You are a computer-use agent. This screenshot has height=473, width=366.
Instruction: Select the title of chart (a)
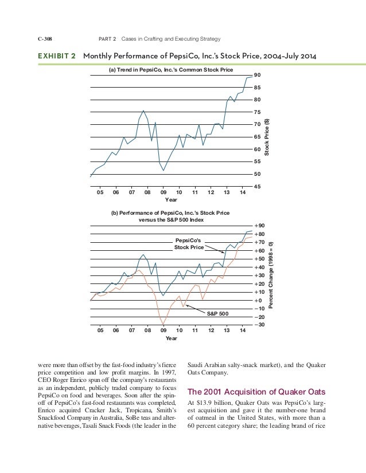[163, 70]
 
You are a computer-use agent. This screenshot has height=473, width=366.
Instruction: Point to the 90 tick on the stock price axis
[258, 75]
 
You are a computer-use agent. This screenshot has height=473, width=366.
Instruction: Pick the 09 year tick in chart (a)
[163, 193]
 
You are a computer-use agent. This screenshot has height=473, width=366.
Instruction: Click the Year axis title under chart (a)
[171, 200]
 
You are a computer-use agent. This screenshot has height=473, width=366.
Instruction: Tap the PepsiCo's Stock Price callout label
[189, 244]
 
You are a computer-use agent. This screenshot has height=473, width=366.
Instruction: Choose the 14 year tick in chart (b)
[243, 330]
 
